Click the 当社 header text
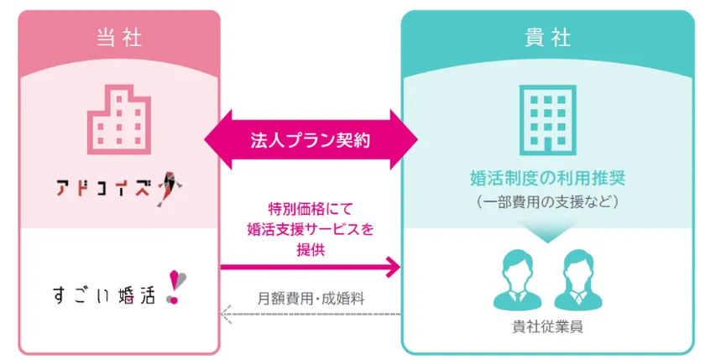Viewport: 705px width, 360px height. click(119, 37)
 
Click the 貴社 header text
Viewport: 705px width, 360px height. click(547, 37)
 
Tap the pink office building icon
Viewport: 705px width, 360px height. click(119, 119)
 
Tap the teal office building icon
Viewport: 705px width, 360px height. click(547, 120)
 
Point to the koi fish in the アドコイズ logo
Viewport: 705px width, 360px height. click(170, 189)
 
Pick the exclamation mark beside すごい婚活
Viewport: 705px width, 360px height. click(175, 288)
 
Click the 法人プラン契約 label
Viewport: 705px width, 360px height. click(311, 140)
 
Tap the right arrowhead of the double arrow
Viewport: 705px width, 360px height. click(405, 140)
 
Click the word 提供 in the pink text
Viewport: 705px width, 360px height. click(311, 249)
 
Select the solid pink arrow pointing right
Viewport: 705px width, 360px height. click(311, 268)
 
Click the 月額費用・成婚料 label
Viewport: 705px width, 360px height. click(311, 299)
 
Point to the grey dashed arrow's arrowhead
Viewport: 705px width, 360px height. click(226, 314)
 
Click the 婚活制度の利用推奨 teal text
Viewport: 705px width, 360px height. click(547, 178)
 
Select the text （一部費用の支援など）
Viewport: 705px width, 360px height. click(547, 201)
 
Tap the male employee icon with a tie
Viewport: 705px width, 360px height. click(518, 280)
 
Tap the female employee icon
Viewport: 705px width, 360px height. click(578, 280)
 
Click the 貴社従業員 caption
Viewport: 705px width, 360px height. click(547, 326)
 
